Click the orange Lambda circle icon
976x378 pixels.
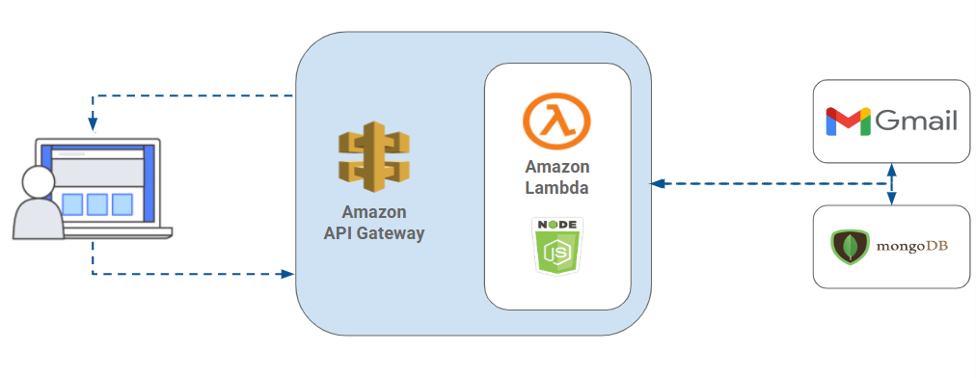coord(556,121)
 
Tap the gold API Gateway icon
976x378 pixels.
coord(373,154)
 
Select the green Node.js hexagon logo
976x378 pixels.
coord(556,252)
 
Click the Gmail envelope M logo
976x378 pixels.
coord(848,121)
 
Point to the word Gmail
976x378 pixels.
coord(915,121)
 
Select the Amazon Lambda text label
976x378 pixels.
coord(556,177)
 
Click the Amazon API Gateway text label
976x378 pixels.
coord(373,223)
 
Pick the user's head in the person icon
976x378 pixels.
coord(38,181)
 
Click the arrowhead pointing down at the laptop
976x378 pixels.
coord(93,124)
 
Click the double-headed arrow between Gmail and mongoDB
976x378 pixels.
coord(891,183)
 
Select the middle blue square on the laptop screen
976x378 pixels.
coord(96,204)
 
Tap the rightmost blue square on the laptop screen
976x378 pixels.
coord(122,204)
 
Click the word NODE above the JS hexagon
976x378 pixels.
coord(556,224)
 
